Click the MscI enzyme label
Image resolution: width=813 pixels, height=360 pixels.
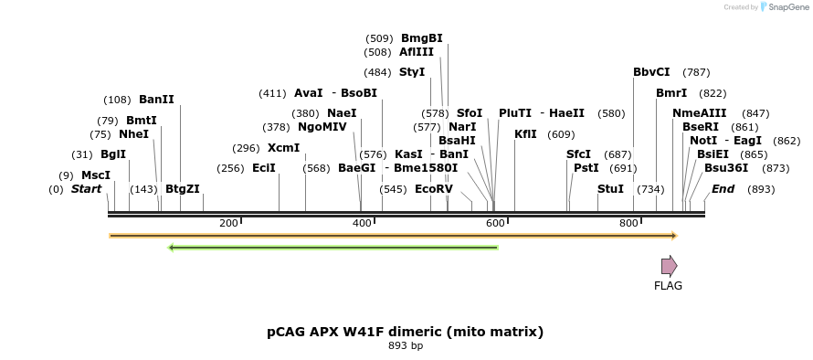[96, 175]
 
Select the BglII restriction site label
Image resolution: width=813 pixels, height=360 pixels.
[113, 154]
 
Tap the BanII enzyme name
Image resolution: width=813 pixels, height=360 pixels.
[156, 100]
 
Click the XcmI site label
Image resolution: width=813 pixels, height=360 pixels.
[283, 148]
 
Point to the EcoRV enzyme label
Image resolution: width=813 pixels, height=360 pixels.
[433, 189]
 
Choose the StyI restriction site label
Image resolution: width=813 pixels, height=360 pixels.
[412, 72]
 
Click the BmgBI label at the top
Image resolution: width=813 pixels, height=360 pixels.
[421, 38]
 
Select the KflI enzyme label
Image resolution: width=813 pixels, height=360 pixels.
[525, 134]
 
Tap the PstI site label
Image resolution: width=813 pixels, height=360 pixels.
[586, 168]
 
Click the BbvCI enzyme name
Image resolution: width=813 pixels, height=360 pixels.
[651, 72]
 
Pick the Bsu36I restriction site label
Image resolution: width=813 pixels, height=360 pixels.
[726, 168]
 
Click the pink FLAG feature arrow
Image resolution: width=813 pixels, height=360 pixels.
[669, 266]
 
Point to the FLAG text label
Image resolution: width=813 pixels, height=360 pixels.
[668, 286]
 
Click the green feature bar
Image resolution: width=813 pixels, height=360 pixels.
[333, 247]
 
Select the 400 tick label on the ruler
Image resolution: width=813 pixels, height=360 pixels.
[362, 224]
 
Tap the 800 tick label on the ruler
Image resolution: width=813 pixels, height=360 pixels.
[628, 224]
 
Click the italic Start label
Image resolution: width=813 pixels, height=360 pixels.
[87, 189]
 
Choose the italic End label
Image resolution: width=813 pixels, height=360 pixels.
[723, 189]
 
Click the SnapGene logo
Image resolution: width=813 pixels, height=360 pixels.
[783, 7]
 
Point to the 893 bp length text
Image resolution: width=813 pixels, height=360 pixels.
[406, 346]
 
